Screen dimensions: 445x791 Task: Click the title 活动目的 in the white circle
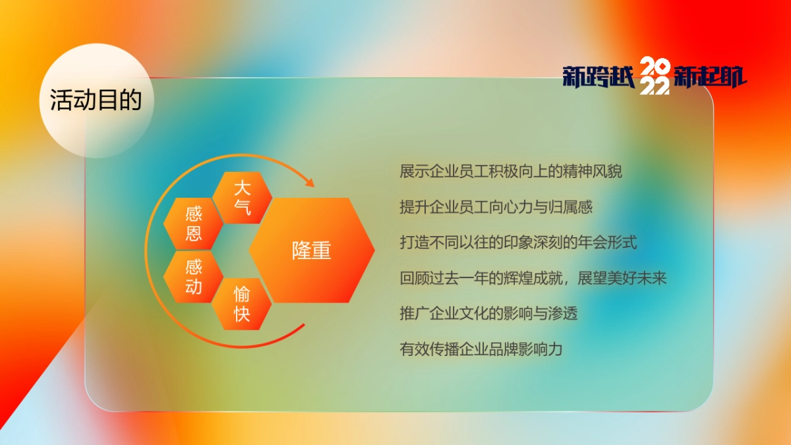96,101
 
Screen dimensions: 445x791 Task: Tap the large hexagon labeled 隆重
312,251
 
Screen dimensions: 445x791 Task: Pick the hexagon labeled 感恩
193,223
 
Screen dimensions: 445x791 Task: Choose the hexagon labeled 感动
193,277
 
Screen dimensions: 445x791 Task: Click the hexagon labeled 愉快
242,303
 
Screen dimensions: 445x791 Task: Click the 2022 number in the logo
655,76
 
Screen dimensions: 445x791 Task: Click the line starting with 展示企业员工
511,171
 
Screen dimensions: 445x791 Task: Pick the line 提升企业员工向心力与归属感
496,207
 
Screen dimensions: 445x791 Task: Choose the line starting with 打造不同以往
518,242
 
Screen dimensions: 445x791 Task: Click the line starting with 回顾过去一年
533,278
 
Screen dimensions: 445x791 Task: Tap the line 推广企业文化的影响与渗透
488,313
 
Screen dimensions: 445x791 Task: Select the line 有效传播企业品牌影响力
481,349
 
